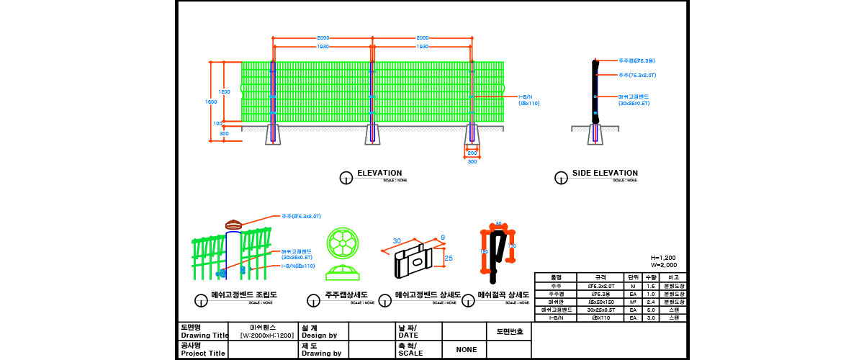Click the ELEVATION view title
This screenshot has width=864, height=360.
(379, 173)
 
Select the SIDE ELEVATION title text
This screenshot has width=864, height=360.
(605, 173)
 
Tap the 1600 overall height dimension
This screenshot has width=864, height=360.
(211, 102)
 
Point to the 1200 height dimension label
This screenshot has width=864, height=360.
(225, 92)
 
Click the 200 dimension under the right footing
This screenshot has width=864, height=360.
(472, 153)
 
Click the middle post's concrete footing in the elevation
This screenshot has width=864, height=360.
(372, 135)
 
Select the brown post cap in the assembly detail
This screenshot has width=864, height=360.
(234, 225)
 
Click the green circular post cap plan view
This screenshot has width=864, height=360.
(342, 243)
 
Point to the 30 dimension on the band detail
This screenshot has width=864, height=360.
(396, 241)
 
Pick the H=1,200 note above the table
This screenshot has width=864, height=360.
(663, 258)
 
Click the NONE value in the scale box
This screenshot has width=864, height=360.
(466, 349)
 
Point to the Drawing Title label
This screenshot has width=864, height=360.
(203, 336)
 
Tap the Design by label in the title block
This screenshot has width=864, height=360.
(320, 336)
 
